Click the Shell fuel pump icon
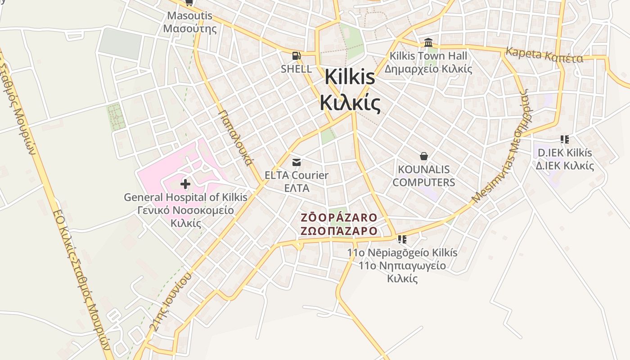296,56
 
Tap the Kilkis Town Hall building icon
428,43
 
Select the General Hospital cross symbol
185,184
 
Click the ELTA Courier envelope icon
297,162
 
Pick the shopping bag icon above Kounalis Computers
423,156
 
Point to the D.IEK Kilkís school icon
565,139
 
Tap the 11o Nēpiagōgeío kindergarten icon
402,239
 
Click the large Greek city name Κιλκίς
351,103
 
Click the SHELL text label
296,69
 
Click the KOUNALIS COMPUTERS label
426,176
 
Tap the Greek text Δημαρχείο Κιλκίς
428,69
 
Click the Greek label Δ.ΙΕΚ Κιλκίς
565,166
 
